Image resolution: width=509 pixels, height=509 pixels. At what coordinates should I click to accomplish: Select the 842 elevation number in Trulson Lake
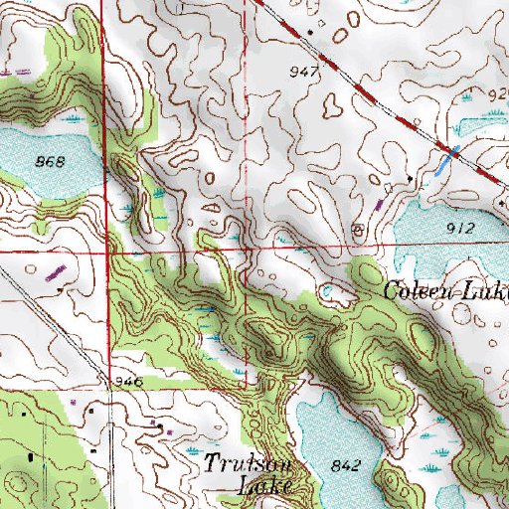[x=346, y=465]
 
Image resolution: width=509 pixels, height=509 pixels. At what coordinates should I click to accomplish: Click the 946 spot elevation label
[x=129, y=382]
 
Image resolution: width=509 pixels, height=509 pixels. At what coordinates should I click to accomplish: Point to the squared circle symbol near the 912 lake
[x=359, y=230]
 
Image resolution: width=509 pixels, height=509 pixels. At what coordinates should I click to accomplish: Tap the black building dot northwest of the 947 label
[x=309, y=31]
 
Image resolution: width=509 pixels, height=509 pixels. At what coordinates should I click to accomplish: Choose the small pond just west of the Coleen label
[x=331, y=291]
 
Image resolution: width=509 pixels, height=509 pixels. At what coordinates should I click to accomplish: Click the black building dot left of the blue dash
[x=411, y=178]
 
